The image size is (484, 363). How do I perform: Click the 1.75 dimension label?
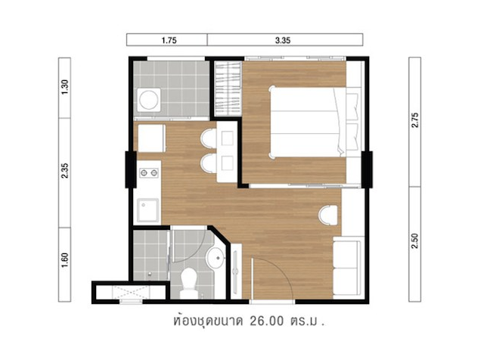click(169, 40)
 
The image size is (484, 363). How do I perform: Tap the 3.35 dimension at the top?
click(283, 40)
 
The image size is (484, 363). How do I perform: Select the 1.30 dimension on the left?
click(65, 88)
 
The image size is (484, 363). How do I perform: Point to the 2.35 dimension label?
click(65, 171)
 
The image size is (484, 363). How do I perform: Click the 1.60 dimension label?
click(65, 260)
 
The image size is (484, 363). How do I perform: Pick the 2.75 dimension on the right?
click(415, 120)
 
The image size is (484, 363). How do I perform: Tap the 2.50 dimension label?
click(415, 240)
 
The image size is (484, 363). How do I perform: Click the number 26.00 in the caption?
click(266, 321)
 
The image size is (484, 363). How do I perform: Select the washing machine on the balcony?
click(149, 100)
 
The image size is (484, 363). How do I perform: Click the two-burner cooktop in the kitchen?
click(149, 173)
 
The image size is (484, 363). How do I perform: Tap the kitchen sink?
click(148, 210)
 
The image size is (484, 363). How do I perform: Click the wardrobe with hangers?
click(228, 89)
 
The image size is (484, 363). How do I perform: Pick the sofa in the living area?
click(347, 268)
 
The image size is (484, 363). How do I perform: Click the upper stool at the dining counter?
click(209, 138)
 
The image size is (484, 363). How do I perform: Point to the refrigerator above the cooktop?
click(151, 138)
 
